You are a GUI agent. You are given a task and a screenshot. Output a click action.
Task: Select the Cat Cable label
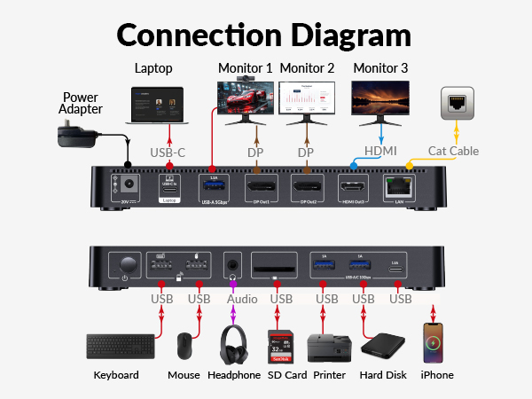[x=453, y=152]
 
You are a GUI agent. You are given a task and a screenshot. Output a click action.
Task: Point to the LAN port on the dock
[x=395, y=188]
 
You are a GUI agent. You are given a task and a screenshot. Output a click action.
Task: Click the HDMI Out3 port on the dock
[x=354, y=188]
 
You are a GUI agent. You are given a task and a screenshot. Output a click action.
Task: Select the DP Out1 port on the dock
[x=261, y=188]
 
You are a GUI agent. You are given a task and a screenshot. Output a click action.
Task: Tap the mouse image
[x=184, y=346]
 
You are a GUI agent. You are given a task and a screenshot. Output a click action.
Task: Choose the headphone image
[x=234, y=345]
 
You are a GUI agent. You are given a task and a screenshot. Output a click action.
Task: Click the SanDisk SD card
[x=281, y=346]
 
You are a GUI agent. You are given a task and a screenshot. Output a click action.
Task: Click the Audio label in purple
[x=242, y=300]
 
